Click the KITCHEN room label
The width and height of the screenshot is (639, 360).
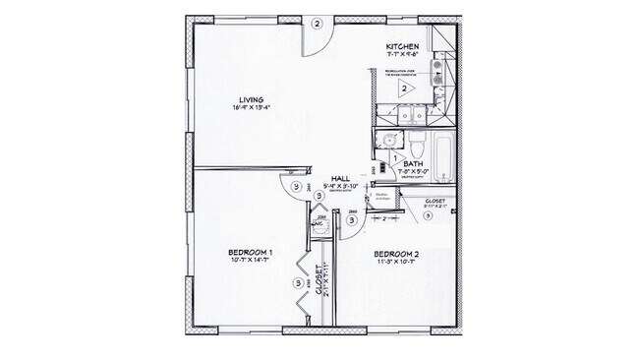click(403, 47)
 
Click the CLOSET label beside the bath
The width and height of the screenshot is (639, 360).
click(436, 200)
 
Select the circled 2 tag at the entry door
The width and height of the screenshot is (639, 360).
click(317, 24)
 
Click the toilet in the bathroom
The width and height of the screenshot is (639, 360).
click(416, 146)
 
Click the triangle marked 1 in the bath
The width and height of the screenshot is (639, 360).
click(395, 158)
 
